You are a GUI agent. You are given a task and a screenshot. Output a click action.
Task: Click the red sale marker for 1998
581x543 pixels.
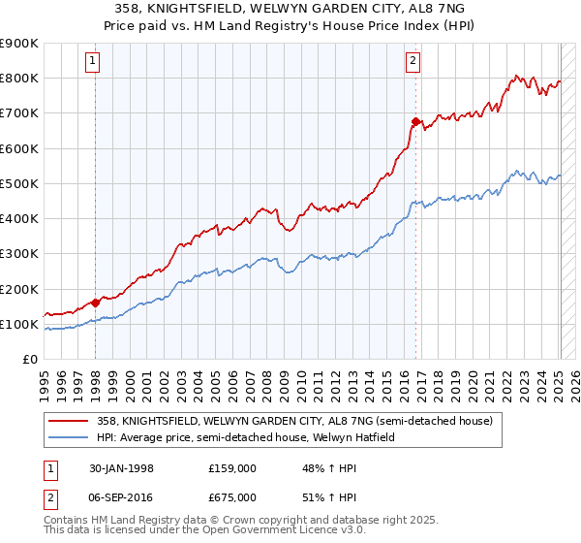tap(95, 303)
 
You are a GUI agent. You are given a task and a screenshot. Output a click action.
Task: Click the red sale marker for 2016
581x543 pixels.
tap(415, 121)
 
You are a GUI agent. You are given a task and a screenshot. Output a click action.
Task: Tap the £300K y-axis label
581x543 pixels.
tap(19, 254)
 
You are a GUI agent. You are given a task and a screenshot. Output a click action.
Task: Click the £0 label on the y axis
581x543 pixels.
tap(29, 360)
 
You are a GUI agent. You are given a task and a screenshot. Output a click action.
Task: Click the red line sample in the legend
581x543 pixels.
tap(69, 421)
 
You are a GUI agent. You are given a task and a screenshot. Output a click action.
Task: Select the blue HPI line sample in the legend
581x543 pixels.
tap(69, 436)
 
